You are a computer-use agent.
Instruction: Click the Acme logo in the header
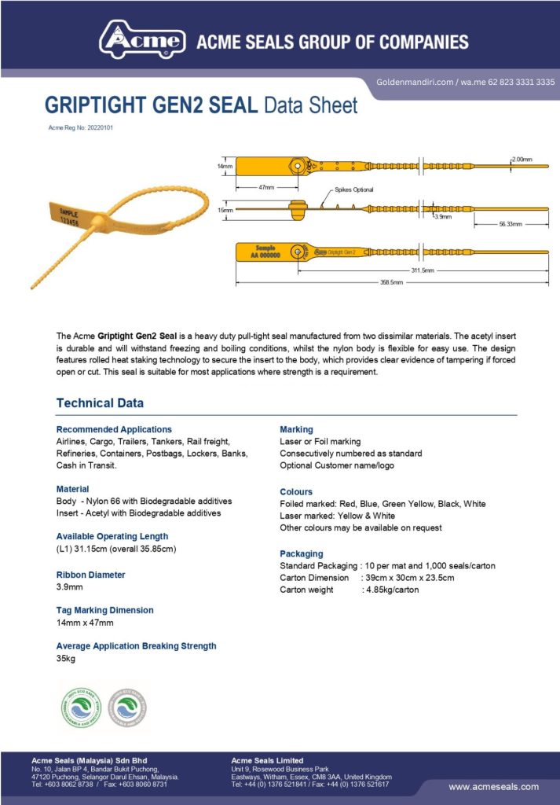[142, 39]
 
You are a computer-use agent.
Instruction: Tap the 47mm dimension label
[266, 187]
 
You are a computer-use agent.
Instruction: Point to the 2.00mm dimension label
[521, 159]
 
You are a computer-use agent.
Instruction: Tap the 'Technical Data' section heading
[100, 403]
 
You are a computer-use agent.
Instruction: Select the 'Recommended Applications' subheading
[114, 429]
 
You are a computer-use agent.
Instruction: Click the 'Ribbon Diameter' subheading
[90, 575]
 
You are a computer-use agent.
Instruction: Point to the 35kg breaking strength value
[66, 659]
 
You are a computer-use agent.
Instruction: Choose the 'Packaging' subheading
[302, 553]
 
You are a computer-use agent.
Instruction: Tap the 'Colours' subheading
[296, 491]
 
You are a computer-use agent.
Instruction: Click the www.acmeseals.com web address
[493, 786]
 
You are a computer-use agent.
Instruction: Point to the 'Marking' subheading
[296, 429]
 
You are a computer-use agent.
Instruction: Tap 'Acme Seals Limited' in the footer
[267, 760]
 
